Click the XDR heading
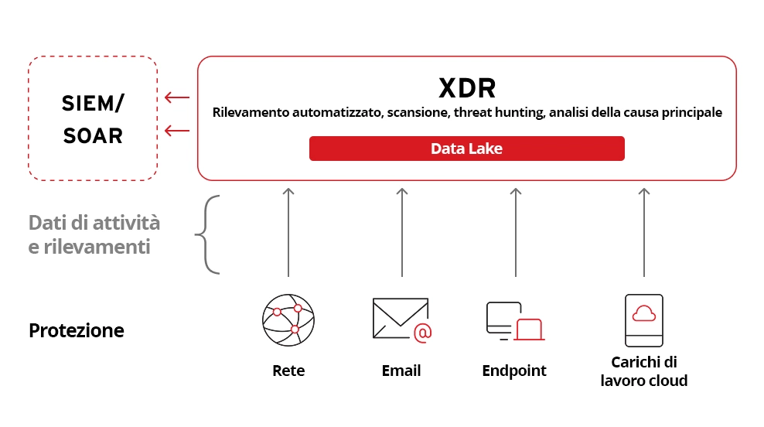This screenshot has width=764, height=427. pyautogui.click(x=467, y=87)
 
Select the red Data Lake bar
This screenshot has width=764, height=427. pyautogui.click(x=466, y=149)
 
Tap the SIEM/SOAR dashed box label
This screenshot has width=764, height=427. pyautogui.click(x=93, y=119)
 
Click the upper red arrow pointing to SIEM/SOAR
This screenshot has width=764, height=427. pyautogui.click(x=177, y=97)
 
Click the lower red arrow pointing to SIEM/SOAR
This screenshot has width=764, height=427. pyautogui.click(x=177, y=131)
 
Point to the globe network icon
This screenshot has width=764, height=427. pyautogui.click(x=288, y=319)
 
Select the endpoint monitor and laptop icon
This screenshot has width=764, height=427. pyautogui.click(x=514, y=321)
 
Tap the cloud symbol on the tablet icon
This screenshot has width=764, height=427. pyautogui.click(x=643, y=313)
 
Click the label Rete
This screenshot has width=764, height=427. pyautogui.click(x=288, y=371)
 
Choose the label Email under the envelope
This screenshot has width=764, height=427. pyautogui.click(x=401, y=371)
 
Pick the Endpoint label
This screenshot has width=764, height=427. pyautogui.click(x=514, y=371)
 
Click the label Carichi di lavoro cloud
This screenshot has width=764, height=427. pyautogui.click(x=643, y=371)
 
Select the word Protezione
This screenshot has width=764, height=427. pyautogui.click(x=77, y=330)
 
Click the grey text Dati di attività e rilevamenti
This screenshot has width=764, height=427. pyautogui.click(x=94, y=235)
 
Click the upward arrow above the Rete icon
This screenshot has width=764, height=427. pyautogui.click(x=288, y=231)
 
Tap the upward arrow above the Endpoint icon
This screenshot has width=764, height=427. pyautogui.click(x=515, y=231)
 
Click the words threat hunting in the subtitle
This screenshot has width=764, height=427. pyautogui.click(x=498, y=113)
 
